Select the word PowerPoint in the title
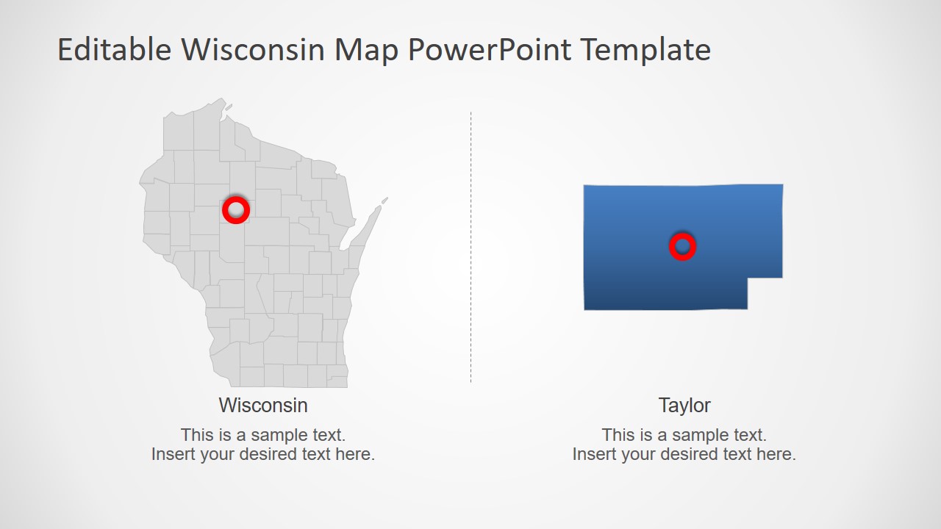pyautogui.click(x=489, y=50)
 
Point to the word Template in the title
pyautogui.click(x=645, y=50)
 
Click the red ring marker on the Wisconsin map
pyautogui.click(x=236, y=210)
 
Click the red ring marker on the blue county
pyautogui.click(x=682, y=246)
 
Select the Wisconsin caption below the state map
pyautogui.click(x=263, y=405)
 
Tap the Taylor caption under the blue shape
pyautogui.click(x=684, y=405)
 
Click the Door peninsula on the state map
pyautogui.click(x=371, y=217)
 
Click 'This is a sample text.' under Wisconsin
pyautogui.click(x=263, y=434)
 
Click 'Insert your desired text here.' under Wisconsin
pyautogui.click(x=263, y=454)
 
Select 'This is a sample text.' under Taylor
pyautogui.click(x=684, y=434)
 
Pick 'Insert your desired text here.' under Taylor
pyautogui.click(x=684, y=454)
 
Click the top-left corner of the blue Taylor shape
pyautogui.click(x=585, y=187)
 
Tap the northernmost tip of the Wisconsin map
pyautogui.click(x=221, y=99)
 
